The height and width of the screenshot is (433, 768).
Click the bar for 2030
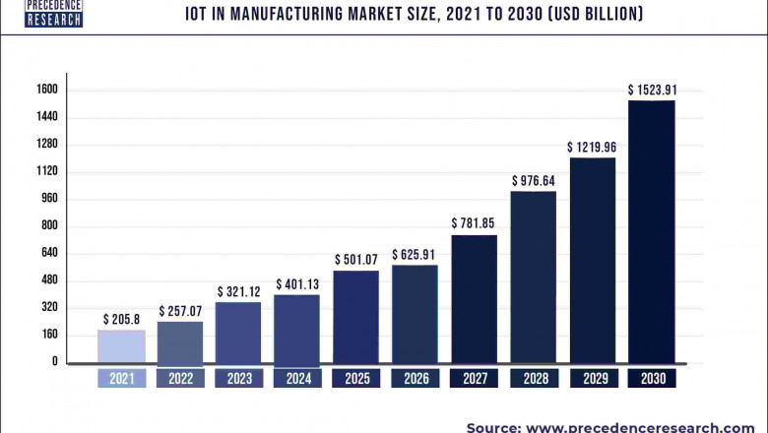tap(652, 231)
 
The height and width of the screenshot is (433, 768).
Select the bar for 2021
tap(121, 346)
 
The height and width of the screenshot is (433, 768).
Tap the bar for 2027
tap(475, 299)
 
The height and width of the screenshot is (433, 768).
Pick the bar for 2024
tap(296, 329)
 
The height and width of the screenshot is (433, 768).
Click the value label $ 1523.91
tap(652, 91)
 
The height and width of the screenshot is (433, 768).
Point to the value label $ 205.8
tap(121, 320)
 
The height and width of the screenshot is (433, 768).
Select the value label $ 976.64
tap(533, 181)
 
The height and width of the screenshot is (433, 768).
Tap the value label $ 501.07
tap(355, 260)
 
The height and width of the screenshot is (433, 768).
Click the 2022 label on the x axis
tap(180, 378)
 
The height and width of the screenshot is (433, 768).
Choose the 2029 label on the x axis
tap(593, 378)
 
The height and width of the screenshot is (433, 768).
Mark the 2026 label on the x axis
tap(415, 378)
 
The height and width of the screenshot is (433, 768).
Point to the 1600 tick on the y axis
tap(47, 90)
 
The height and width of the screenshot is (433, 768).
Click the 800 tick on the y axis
tap(49, 225)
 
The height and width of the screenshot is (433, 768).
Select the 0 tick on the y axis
tap(55, 362)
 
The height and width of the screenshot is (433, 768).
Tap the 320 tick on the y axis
tap(49, 307)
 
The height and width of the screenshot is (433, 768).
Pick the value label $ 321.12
tap(238, 292)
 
